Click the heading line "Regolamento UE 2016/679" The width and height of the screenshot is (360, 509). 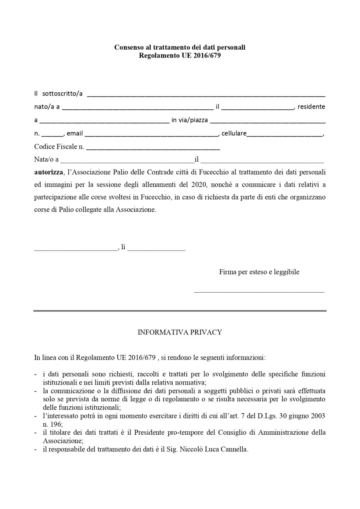click(x=180, y=55)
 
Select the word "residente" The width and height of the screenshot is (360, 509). click(x=311, y=106)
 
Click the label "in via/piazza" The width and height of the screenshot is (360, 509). click(x=189, y=120)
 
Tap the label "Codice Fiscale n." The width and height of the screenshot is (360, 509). click(x=59, y=147)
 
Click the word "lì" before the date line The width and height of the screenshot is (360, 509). click(x=123, y=247)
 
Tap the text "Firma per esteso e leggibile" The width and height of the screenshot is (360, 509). click(x=259, y=272)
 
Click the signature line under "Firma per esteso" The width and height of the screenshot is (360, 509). click(x=259, y=292)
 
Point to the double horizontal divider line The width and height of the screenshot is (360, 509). click(x=180, y=311)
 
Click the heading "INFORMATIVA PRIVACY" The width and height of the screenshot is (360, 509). click(x=180, y=332)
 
